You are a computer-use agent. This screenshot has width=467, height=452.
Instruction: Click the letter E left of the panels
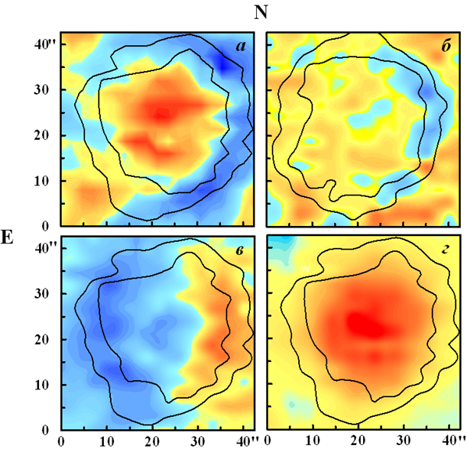[x=8, y=236]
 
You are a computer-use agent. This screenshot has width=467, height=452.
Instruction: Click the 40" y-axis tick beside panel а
[x=47, y=44]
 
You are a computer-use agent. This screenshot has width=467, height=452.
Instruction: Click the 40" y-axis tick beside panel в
[x=47, y=247]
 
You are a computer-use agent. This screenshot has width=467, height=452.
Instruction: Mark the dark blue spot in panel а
[x=227, y=67]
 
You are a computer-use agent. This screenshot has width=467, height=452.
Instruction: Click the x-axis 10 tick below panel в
[x=106, y=441]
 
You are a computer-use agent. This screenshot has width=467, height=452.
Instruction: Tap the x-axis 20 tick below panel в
[x=152, y=441]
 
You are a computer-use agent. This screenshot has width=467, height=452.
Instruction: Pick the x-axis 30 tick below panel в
[x=198, y=441]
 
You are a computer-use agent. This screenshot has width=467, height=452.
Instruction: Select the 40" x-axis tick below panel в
[x=245, y=441]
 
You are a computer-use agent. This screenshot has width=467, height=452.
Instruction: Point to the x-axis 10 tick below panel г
[x=312, y=441]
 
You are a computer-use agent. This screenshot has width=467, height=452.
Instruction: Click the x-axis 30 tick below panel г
[x=404, y=441]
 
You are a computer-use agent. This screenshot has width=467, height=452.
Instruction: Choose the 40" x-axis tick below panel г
[x=451, y=441]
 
